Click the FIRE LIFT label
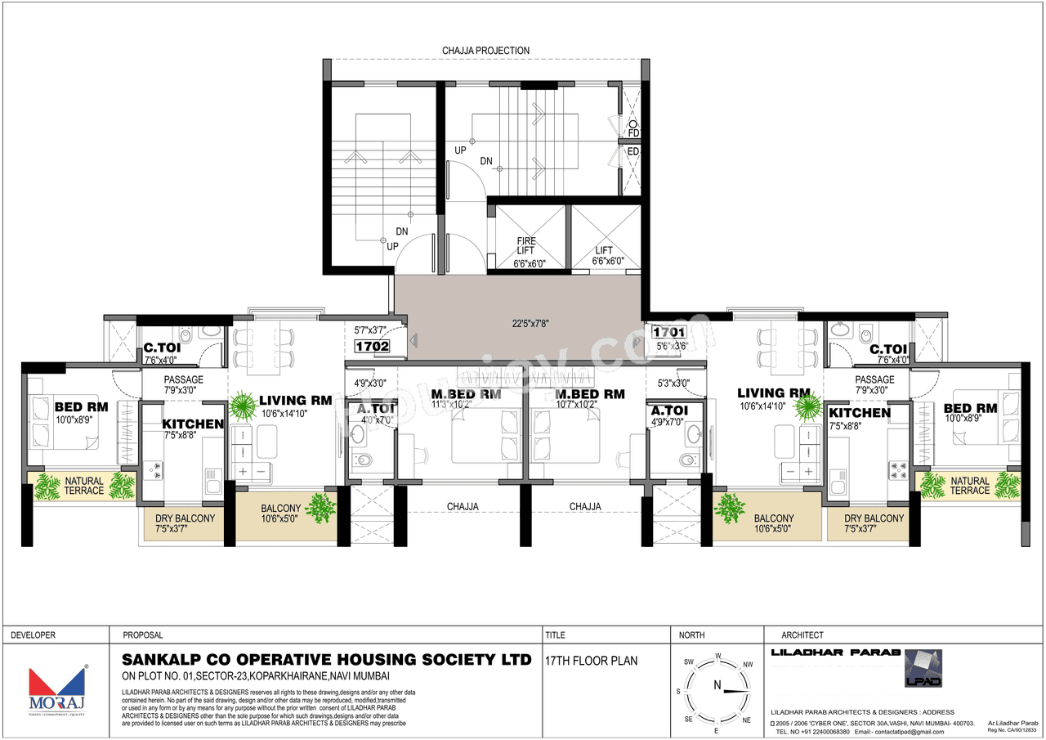tap(527, 246)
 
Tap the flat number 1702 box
tap(372, 346)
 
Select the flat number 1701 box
tap(668, 332)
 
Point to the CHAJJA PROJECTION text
tap(485, 51)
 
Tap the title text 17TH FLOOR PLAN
tap(592, 661)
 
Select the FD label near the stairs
tap(633, 132)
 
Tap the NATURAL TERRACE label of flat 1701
tap(969, 486)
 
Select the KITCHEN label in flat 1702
tap(192, 424)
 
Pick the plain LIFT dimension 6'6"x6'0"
tap(607, 262)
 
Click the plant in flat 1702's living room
tap(243, 405)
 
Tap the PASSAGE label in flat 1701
tap(874, 379)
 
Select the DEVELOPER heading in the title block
tap(33, 635)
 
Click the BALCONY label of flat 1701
tap(773, 518)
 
